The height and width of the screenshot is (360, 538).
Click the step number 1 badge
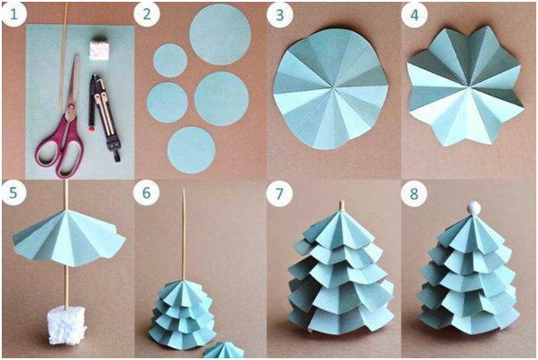click(x=13, y=14)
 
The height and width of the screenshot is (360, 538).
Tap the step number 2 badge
click(x=147, y=14)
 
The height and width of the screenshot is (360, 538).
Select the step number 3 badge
click(x=280, y=14)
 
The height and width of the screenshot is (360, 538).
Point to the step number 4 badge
click(x=414, y=14)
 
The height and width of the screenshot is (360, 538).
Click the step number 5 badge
click(x=13, y=192)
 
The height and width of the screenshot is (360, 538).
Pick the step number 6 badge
click(x=146, y=192)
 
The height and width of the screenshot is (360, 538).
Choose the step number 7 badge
click(x=280, y=193)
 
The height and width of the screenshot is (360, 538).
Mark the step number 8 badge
click(x=414, y=193)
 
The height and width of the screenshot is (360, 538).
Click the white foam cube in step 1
click(x=99, y=51)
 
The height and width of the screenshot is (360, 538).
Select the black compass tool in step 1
click(x=104, y=117)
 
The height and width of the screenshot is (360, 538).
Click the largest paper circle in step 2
click(x=220, y=34)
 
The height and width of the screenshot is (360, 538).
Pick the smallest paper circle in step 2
click(x=170, y=60)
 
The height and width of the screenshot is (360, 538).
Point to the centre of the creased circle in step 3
click(x=333, y=88)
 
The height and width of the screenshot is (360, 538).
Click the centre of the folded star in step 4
click(x=466, y=86)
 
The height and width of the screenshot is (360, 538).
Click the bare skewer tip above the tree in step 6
click(x=183, y=189)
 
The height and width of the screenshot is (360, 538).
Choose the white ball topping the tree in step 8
click(x=474, y=209)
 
